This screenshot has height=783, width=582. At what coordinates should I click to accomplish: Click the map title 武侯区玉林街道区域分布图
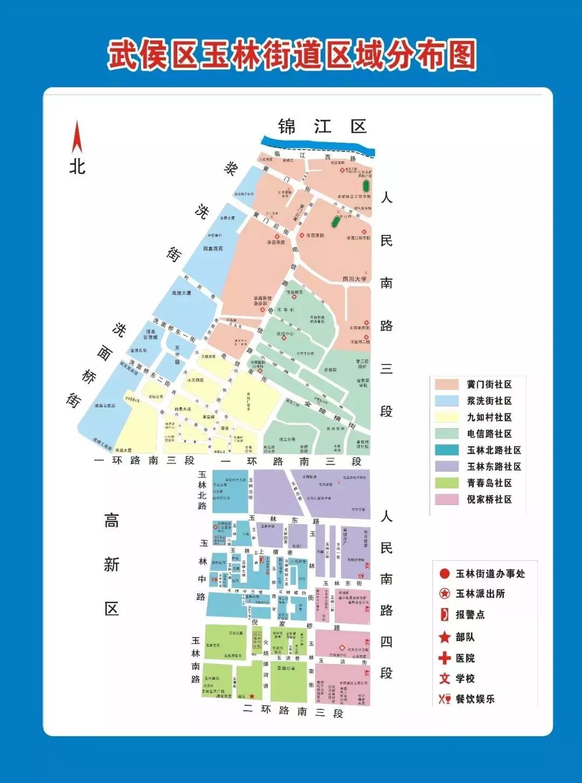click(x=292, y=55)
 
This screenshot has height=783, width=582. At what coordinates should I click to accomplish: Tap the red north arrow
click(x=77, y=137)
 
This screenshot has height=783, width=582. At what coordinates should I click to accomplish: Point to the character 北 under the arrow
click(x=77, y=166)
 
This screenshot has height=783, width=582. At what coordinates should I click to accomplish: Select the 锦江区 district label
click(x=322, y=127)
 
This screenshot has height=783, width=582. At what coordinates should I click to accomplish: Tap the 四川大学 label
click(x=355, y=279)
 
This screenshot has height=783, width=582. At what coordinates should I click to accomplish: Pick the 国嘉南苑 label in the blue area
click(x=213, y=249)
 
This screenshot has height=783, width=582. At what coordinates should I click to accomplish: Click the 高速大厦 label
click(x=181, y=293)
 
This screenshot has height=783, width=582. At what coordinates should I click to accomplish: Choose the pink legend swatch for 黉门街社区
click(x=446, y=384)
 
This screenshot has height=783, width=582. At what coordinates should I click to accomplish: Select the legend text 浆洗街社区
click(x=489, y=401)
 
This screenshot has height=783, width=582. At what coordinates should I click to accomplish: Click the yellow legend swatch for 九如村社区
click(x=446, y=417)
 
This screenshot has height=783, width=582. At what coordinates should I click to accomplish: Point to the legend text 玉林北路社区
click(x=494, y=450)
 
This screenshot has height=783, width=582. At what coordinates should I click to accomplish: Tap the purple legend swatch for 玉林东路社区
click(x=446, y=466)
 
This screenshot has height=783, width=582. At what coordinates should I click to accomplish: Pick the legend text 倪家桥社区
click(x=489, y=499)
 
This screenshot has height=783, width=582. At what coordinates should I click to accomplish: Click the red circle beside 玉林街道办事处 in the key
click(x=445, y=574)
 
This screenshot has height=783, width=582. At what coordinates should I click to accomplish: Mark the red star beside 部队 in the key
click(x=445, y=638)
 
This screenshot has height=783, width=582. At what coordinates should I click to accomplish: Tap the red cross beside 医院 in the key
click(x=445, y=658)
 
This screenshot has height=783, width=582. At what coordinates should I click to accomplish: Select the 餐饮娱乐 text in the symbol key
click(x=475, y=699)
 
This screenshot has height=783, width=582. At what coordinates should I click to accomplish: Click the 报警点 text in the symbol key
click(x=470, y=615)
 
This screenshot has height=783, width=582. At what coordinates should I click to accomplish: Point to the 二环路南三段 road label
click(x=293, y=711)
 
